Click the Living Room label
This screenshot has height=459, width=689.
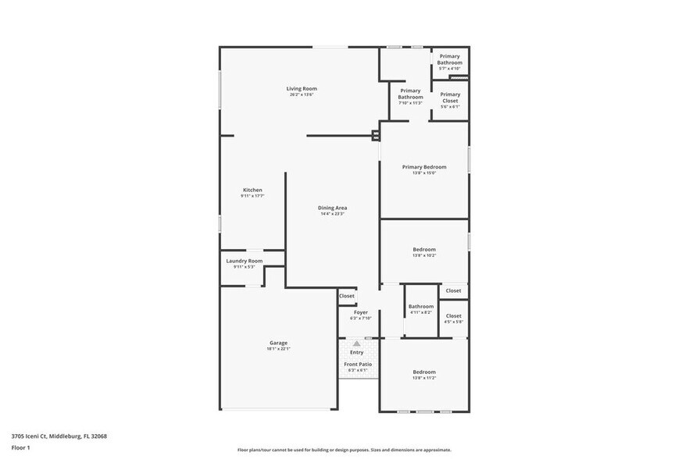click(302, 88)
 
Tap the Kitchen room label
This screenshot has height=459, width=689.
click(252, 190)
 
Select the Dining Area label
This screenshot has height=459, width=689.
click(333, 208)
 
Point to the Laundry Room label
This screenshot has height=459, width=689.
click(244, 261)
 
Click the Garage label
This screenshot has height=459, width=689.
click(278, 343)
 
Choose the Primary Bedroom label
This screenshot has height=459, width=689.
click(424, 167)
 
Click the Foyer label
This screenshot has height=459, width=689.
click(361, 312)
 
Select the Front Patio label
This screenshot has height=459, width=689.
click(358, 364)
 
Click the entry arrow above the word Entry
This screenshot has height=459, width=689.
click(357, 343)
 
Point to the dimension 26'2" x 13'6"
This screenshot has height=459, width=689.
click(302, 94)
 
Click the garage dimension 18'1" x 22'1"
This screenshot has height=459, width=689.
click(278, 349)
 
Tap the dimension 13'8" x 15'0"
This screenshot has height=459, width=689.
click(424, 173)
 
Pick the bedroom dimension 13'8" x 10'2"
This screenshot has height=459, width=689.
click(424, 255)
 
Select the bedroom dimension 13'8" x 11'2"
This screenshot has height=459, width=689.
click(424, 378)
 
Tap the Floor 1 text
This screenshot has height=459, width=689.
click(20, 447)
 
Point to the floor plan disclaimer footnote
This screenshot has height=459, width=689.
click(344, 450)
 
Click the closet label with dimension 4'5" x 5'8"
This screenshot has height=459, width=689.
click(454, 316)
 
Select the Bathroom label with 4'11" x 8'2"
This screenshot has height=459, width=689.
click(421, 307)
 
